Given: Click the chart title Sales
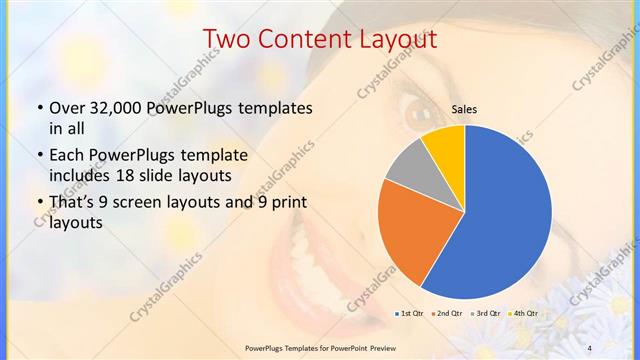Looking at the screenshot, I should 464,109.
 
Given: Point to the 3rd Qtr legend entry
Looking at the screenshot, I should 484,314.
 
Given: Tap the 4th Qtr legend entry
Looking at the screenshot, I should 522,314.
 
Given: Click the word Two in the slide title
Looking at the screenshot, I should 226,39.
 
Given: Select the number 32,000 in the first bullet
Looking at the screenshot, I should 120,108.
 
